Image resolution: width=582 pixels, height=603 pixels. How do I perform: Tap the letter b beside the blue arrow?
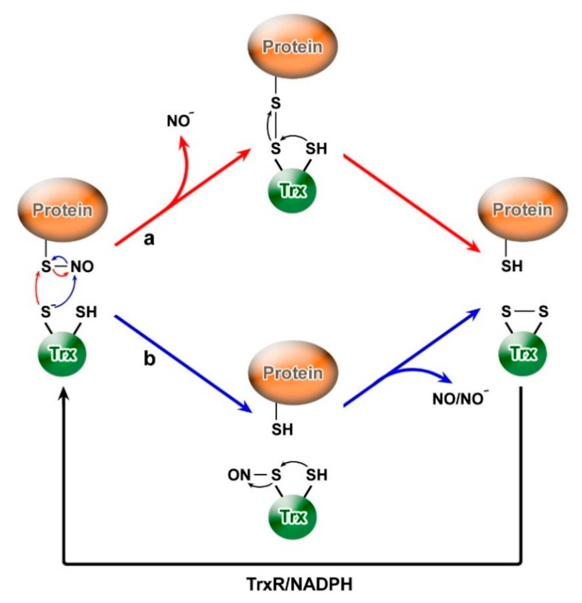point(150,359)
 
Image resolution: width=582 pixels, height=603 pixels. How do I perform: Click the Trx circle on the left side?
point(62,354)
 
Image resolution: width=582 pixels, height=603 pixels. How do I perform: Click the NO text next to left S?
point(82,267)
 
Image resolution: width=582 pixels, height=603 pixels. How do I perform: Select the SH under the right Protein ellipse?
point(512,266)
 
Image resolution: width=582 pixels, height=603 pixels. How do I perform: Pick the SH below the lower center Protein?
point(282,429)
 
